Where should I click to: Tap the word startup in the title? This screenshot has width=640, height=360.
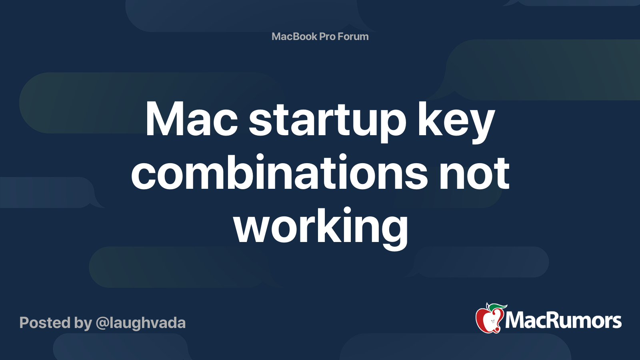(x=327, y=122)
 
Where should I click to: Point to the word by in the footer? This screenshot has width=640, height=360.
(x=83, y=324)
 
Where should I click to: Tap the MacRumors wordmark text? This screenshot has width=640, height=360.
(x=563, y=320)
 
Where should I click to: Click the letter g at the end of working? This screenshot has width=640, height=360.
(x=395, y=232)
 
